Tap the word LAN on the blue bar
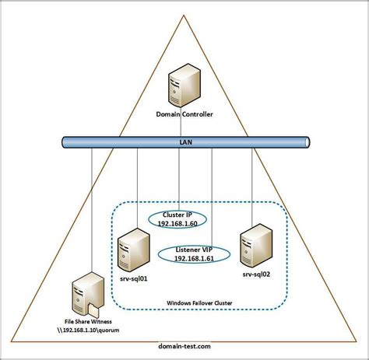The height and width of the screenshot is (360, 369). [x=184, y=142]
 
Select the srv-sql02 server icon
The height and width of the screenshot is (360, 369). [x=255, y=243]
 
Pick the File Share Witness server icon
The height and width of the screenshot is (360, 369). [x=85, y=293]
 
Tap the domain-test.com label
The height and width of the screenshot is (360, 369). [x=184, y=344]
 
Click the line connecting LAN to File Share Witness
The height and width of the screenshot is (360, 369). [x=92, y=210]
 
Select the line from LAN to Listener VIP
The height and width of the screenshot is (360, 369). [x=213, y=194]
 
